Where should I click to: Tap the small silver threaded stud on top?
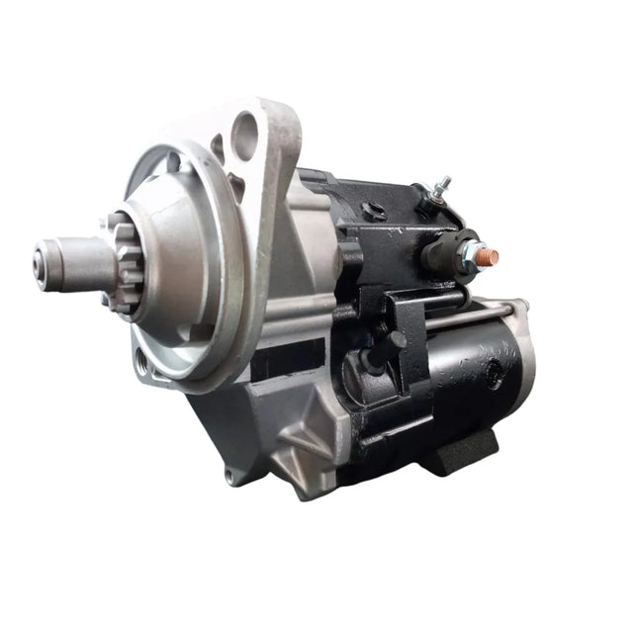[444, 186]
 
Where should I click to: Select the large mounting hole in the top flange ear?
[245, 130]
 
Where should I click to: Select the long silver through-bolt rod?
[465, 315]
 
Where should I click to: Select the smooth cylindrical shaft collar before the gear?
[79, 263]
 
